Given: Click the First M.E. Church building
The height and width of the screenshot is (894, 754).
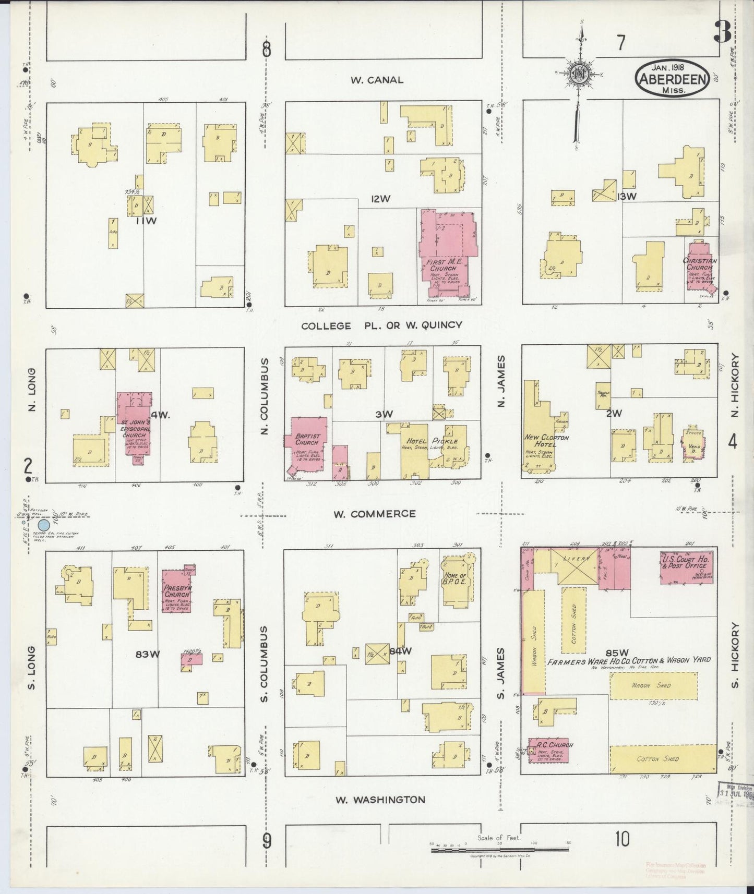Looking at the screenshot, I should (446, 245).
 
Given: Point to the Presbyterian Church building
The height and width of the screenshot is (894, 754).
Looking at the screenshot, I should (176, 591).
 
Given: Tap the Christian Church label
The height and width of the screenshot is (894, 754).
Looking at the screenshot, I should (699, 264).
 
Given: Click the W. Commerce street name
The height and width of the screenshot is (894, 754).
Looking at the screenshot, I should (375, 514).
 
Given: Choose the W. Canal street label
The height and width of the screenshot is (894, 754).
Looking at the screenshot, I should (377, 80).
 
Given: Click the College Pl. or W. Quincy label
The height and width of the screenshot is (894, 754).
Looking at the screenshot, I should (381, 325).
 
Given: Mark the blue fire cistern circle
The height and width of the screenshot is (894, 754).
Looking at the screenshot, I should (45, 525).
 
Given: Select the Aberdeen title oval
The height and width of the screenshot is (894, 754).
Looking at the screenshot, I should (671, 78).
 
